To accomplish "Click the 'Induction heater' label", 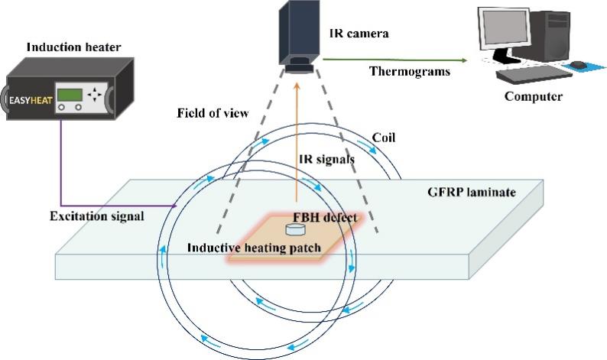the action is tap(73, 47).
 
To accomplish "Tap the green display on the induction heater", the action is tap(70, 95).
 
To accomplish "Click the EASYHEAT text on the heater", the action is tap(31, 101).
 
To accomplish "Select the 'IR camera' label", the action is tap(359, 34).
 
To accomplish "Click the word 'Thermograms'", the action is tap(410, 72).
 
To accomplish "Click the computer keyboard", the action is tap(534, 73).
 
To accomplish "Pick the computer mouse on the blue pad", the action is tap(579, 64).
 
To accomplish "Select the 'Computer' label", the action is tap(533, 96).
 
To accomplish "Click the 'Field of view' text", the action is tap(213, 113).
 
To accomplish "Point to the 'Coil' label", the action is tap(384, 138).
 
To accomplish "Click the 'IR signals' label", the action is tap(326, 159).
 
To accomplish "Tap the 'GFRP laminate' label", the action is tap(472, 193).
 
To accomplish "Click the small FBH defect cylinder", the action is tap(294, 229).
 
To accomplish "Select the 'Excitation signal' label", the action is tap(97, 216).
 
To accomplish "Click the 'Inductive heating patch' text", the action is tap(254, 248).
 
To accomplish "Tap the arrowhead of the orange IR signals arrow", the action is tap(297, 85).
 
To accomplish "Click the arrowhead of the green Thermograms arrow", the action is tap(463, 60).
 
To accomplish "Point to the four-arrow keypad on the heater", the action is tap(95, 95).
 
